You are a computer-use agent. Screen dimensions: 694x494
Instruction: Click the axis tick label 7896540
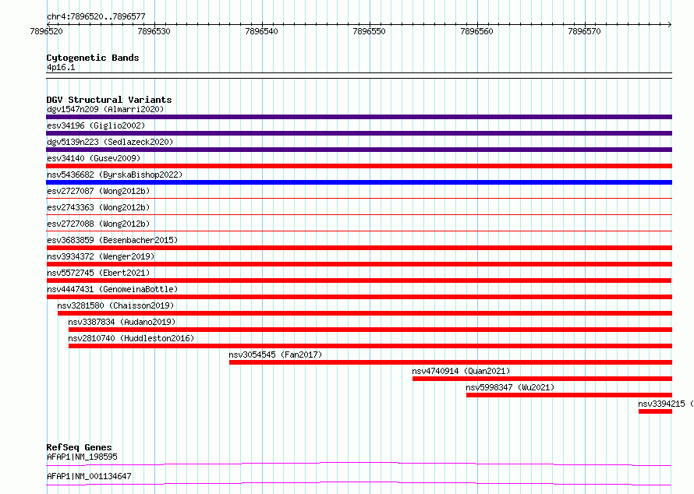tap(261, 31)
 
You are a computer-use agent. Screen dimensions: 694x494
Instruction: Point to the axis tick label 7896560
tap(476, 31)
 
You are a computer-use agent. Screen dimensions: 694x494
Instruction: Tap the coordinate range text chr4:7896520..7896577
tap(96, 16)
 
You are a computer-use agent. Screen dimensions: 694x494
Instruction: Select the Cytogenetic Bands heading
tap(93, 58)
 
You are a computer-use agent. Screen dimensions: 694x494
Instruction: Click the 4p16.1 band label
tap(61, 67)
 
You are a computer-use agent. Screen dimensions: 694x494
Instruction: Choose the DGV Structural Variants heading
tap(109, 100)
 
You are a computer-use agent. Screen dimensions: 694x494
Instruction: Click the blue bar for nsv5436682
tap(359, 182)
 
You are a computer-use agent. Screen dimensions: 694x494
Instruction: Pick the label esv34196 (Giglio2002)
tap(96, 125)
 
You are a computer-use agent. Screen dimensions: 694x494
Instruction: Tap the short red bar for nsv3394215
tap(655, 411)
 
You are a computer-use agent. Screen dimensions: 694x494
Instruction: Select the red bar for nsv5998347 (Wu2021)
tap(569, 395)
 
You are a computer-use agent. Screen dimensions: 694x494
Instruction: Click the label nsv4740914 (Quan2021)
tap(461, 371)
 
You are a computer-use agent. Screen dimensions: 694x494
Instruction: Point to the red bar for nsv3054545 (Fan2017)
tap(451, 362)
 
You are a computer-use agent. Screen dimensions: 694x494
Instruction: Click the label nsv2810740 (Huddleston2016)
tap(131, 338)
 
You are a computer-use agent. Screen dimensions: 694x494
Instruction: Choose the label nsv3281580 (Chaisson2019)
tap(115, 305)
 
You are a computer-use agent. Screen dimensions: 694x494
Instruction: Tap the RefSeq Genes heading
tap(80, 447)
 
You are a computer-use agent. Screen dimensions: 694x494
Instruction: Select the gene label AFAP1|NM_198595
tap(82, 457)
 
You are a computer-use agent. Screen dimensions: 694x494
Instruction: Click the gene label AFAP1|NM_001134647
tap(89, 476)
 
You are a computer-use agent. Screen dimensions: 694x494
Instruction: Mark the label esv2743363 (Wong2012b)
tap(98, 207)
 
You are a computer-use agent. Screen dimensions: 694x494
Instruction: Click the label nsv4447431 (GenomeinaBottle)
tap(112, 289)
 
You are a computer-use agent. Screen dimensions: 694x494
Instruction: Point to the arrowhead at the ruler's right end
tap(670, 24)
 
